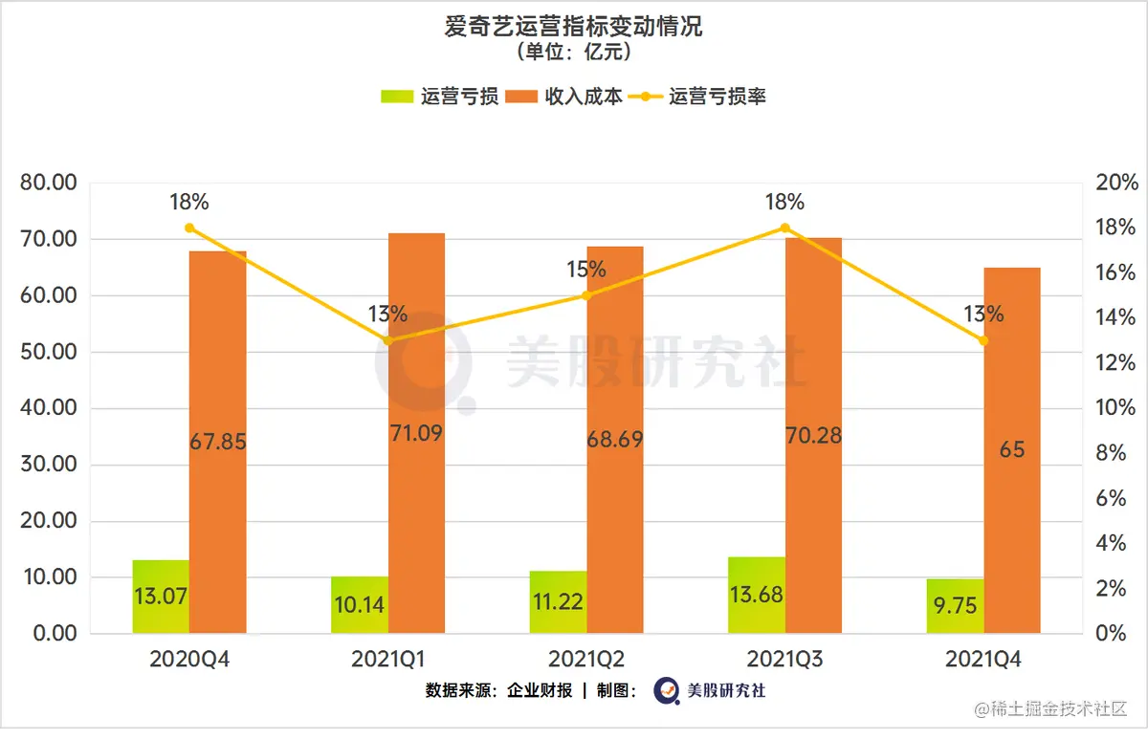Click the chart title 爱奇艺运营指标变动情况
pos(573,26)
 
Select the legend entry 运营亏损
pos(439,97)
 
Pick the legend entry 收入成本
pos(564,97)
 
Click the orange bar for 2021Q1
pos(416,382)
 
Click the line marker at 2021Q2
pos(586,295)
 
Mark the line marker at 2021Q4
pos(983,340)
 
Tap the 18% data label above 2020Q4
pos(189,202)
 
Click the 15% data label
pos(586,270)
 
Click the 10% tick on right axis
pos(1116,408)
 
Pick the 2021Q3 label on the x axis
pos(784,660)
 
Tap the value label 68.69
pos(615,441)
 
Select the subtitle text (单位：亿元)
pos(573,52)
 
